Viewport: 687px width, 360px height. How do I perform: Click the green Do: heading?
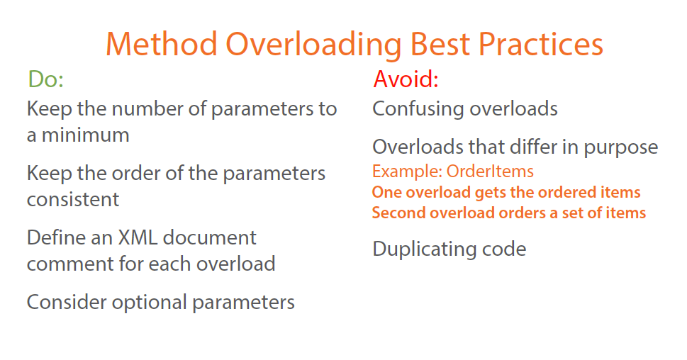(45, 79)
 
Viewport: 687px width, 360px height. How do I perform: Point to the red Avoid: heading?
(406, 79)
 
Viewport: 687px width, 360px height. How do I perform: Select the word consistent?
(73, 199)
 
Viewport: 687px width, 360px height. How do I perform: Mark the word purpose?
(620, 147)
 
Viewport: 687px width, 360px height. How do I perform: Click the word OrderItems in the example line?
(490, 171)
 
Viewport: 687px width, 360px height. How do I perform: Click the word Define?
(55, 237)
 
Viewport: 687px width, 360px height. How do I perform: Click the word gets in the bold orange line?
(484, 192)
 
